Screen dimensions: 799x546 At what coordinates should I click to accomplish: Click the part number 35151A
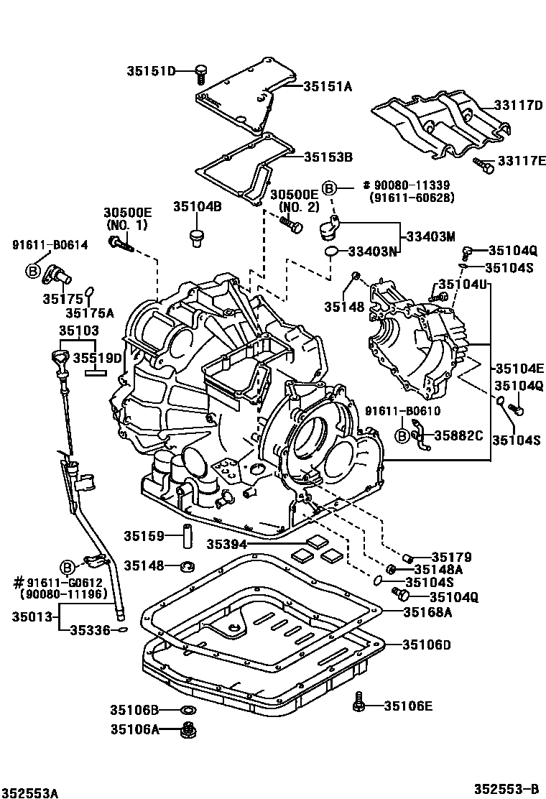pyautogui.click(x=327, y=86)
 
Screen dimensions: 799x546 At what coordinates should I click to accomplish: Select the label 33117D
pyautogui.click(x=518, y=105)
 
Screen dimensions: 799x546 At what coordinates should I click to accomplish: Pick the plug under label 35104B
pyautogui.click(x=194, y=238)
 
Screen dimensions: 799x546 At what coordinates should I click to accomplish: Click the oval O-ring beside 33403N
pyautogui.click(x=330, y=251)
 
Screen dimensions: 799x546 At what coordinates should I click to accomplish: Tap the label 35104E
pyautogui.click(x=519, y=369)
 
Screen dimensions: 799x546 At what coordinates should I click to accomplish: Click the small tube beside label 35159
pyautogui.click(x=192, y=536)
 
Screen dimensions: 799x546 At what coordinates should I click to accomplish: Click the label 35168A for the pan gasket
pyautogui.click(x=427, y=612)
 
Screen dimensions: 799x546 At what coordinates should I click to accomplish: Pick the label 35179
pyautogui.click(x=451, y=556)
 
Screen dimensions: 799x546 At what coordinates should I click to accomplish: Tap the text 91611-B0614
pyautogui.click(x=50, y=245)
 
